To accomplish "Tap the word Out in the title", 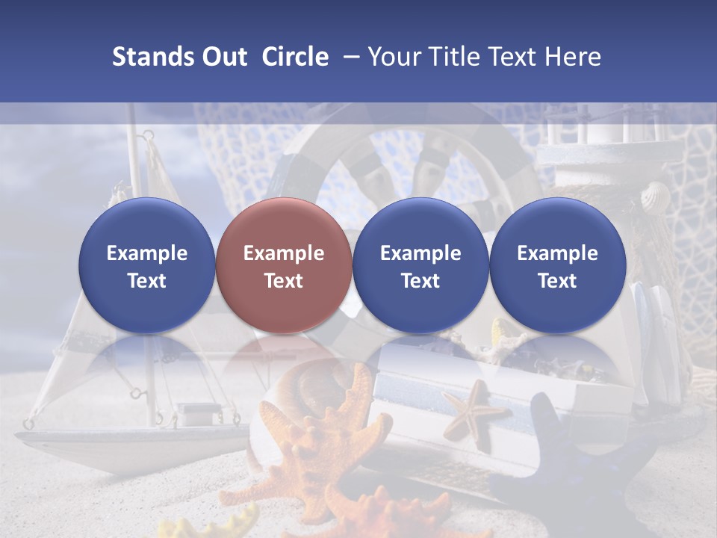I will pos(223,57).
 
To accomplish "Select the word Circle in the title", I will pos(295,57).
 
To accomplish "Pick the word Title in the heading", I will pos(457,57).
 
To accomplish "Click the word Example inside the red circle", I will pos(284,253).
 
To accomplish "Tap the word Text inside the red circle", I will pos(284,281).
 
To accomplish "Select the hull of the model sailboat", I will pos(127,448).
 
